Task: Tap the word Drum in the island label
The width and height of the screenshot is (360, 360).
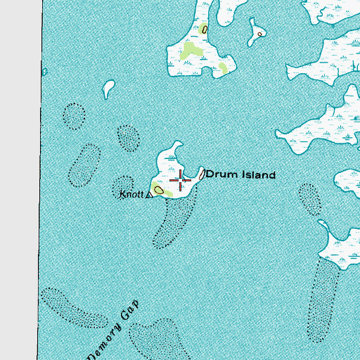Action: click(221, 174)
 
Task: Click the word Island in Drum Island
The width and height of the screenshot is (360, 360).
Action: click(256, 174)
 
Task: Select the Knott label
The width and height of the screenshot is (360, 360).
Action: click(131, 193)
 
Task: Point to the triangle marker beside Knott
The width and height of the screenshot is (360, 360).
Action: click(148, 195)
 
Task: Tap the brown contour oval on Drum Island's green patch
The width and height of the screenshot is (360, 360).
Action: click(160, 190)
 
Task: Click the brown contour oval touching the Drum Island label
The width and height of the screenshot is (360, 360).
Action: click(201, 173)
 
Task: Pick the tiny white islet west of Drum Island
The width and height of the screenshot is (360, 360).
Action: click(108, 89)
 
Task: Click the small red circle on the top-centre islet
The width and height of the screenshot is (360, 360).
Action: click(259, 34)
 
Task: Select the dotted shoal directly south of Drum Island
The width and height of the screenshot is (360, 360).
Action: click(169, 224)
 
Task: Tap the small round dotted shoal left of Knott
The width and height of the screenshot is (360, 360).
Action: click(124, 183)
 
